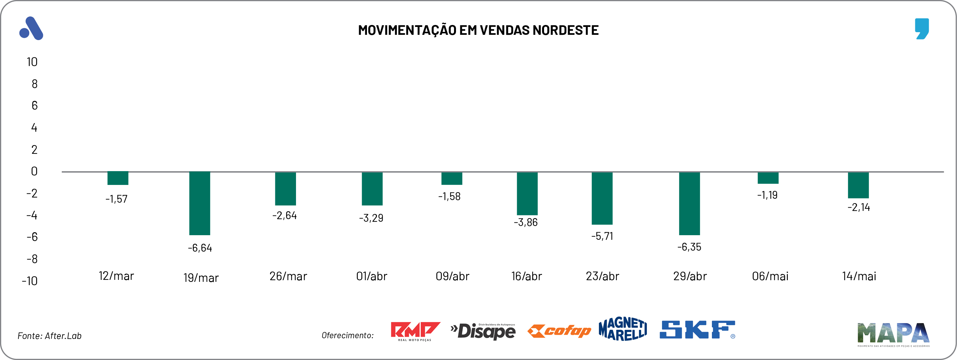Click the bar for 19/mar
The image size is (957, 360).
199,203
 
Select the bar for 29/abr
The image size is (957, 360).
689,203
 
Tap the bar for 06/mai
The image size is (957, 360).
768,178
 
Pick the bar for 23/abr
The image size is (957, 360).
602,198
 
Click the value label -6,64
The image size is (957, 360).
200,248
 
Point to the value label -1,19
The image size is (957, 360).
767,195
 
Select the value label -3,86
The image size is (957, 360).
526,222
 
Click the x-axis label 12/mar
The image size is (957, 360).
116,276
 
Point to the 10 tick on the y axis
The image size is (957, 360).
32,62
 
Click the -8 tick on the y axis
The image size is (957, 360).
32,259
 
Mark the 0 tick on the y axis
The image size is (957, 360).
34,171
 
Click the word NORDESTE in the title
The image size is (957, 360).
565,30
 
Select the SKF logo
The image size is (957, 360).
697,330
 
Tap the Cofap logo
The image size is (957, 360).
559,331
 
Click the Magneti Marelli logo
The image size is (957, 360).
623,329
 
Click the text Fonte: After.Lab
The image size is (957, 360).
49,336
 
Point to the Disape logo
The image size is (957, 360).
483,331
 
